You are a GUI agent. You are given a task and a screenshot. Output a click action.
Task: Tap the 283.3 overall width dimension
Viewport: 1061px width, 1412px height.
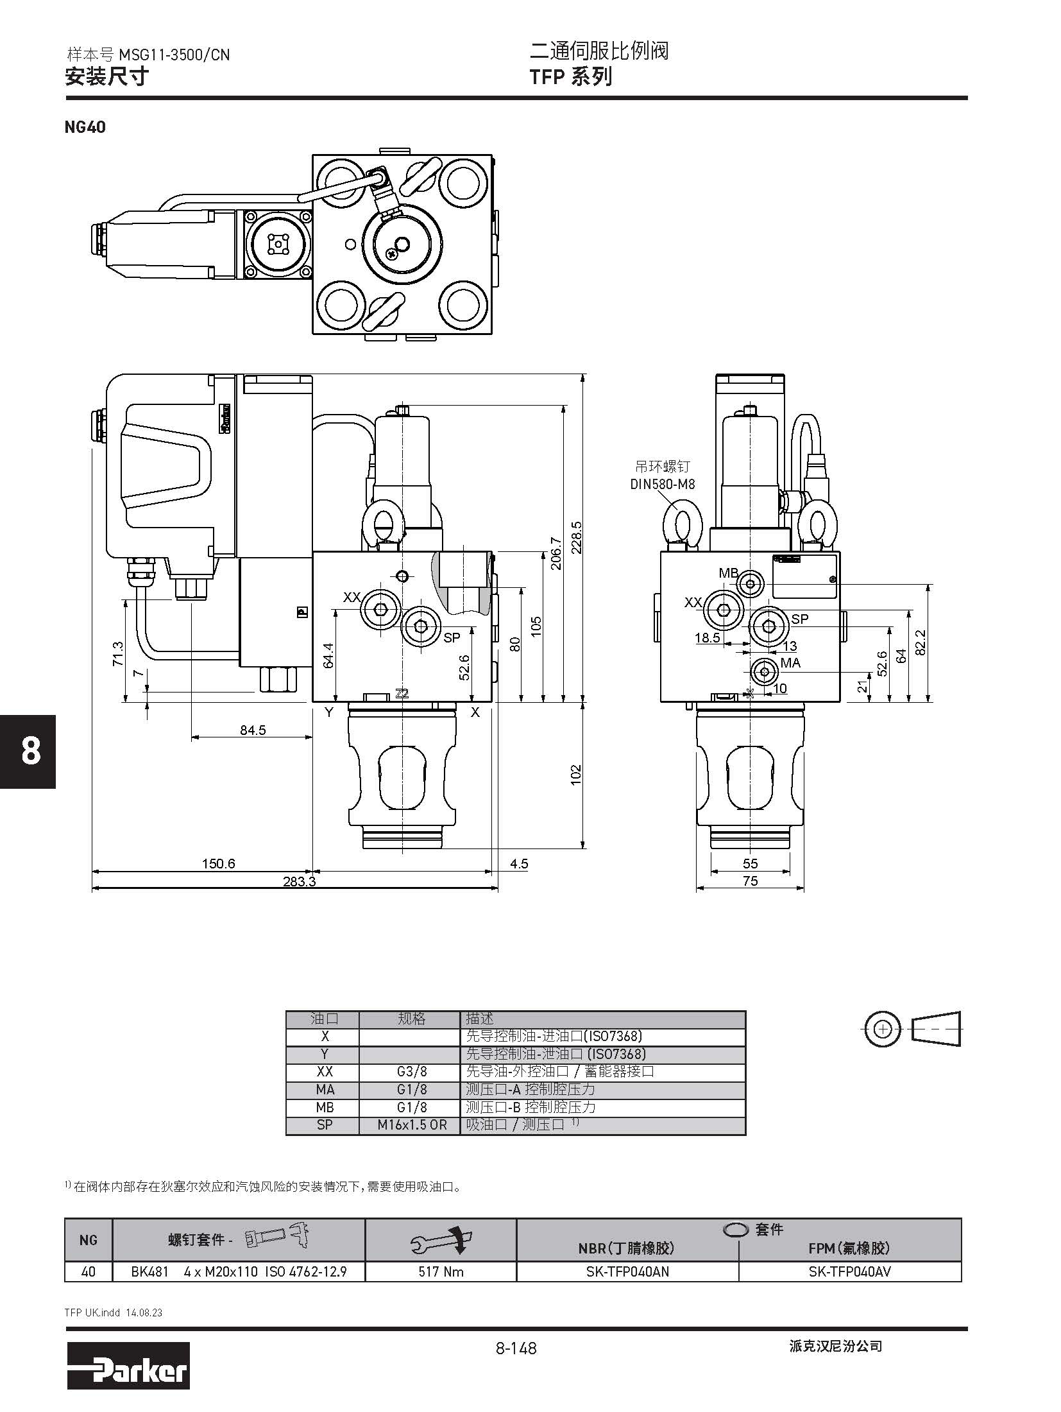(x=300, y=882)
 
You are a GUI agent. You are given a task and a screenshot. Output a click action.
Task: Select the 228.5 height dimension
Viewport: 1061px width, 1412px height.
(x=576, y=540)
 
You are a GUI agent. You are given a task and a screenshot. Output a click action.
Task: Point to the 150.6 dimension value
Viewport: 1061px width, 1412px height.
(x=218, y=864)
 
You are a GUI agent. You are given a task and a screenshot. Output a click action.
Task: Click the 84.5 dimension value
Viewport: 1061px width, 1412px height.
(x=253, y=730)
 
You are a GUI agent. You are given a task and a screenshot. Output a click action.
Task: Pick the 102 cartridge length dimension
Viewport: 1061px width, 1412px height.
(x=576, y=774)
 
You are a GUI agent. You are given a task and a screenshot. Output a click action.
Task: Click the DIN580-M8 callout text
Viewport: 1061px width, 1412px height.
(x=662, y=484)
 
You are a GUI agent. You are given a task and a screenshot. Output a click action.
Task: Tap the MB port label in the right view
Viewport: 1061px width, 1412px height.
(x=728, y=573)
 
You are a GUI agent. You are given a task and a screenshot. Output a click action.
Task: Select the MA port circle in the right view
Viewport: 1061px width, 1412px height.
(x=764, y=672)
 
